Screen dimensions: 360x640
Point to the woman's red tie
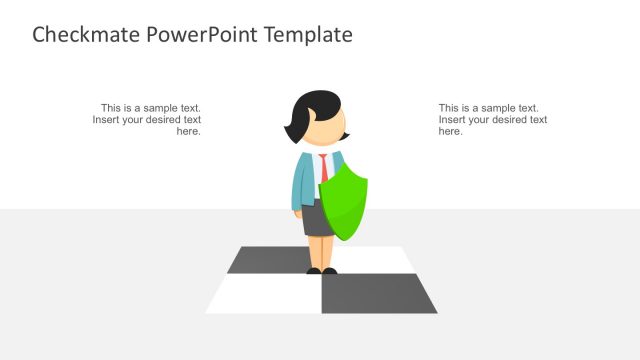[324, 164]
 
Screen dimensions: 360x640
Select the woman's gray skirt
[318, 220]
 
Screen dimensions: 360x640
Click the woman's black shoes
[321, 270]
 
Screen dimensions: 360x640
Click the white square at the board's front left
[263, 294]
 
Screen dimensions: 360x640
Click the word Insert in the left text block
[108, 120]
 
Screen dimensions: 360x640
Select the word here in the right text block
[450, 132]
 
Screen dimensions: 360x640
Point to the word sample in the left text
[162, 108]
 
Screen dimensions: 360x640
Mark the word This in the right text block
[449, 108]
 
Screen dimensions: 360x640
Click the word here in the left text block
[189, 132]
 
